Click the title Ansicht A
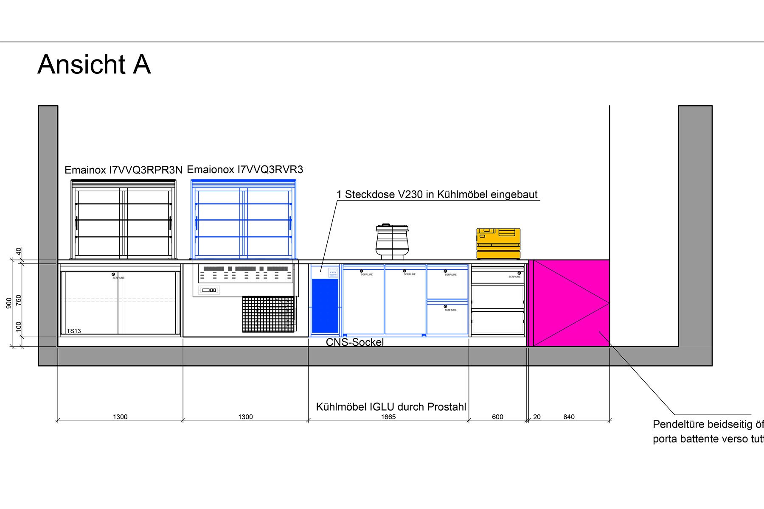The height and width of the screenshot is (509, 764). point(94,64)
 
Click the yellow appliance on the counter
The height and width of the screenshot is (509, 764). point(498,243)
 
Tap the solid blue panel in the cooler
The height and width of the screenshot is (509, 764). point(325,305)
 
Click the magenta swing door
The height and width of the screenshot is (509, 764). point(571,303)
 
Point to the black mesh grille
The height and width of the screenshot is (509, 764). point(268,314)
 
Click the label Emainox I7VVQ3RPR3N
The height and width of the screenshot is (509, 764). point(123,170)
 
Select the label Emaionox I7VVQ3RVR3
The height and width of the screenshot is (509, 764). point(245,170)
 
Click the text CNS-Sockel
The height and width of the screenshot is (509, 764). point(354,342)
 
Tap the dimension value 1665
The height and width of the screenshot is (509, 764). point(388,417)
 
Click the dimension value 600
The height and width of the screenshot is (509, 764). point(497,417)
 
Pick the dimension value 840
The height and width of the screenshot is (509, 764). point(569,417)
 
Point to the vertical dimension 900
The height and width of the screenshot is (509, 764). point(9,303)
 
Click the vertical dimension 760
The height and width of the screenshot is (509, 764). point(19,300)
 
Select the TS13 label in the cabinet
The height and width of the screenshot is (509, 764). point(74,331)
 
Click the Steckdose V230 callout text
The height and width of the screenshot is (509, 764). point(437,195)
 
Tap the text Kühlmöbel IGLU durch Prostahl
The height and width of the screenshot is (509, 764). point(391,407)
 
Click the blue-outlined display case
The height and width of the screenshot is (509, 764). point(243,219)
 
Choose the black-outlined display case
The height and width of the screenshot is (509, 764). point(123,219)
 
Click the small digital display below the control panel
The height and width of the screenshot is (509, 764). point(209,290)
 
